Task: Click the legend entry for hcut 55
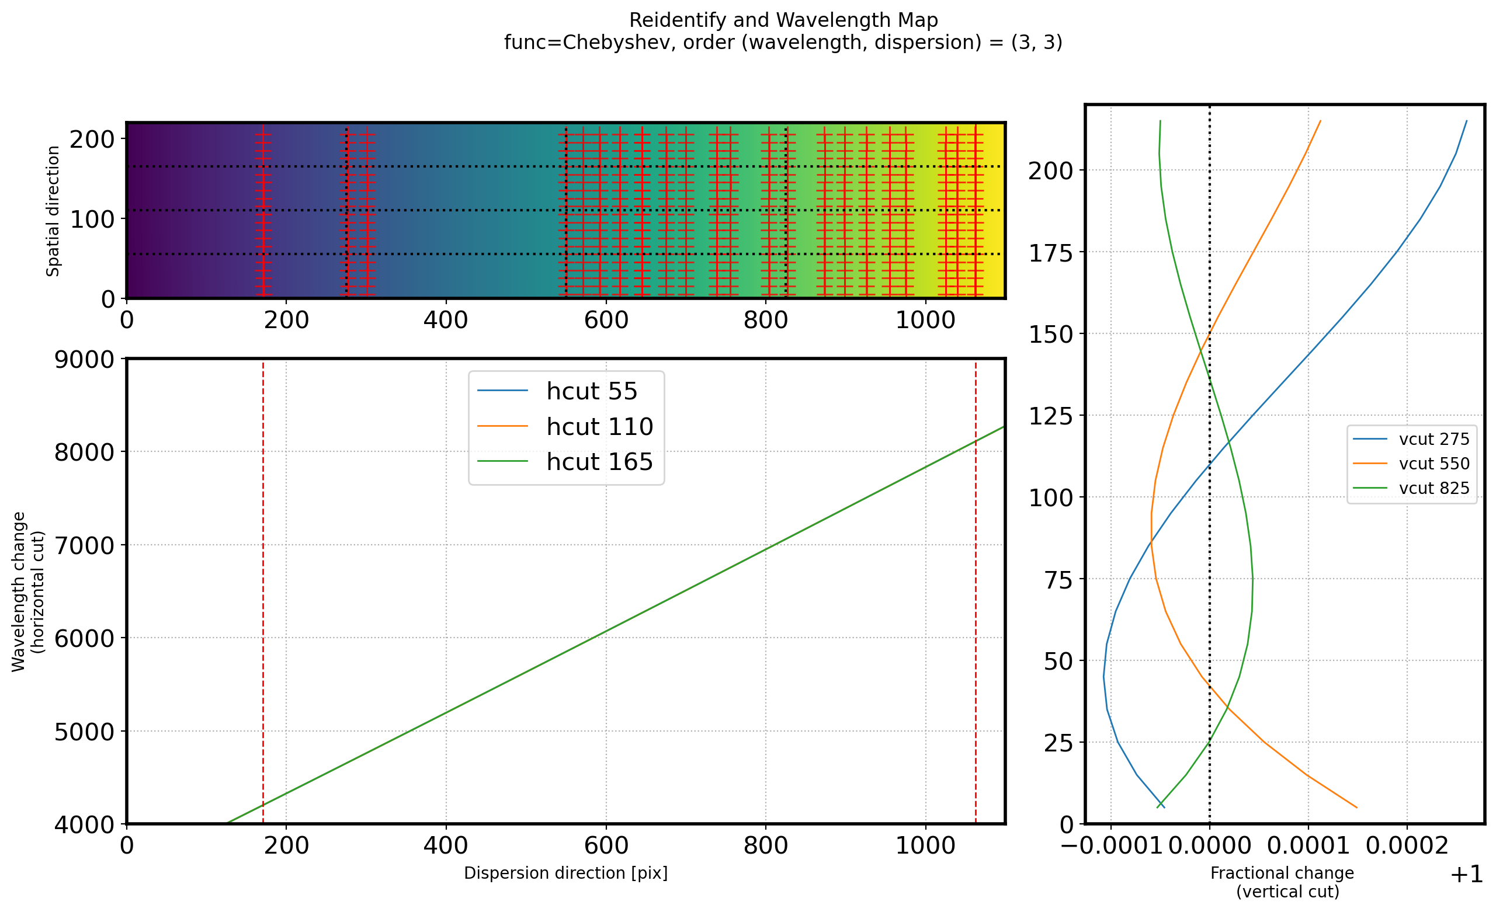pos(591,391)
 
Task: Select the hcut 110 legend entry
pos(599,427)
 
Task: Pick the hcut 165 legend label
pos(599,462)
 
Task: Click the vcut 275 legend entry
pos(1433,439)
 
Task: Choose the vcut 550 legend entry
pos(1433,464)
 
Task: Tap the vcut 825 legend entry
pos(1433,489)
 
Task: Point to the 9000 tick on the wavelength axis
pos(84,360)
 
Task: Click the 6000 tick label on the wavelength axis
pos(84,639)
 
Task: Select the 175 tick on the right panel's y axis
pos(1050,253)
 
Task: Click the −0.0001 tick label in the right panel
pos(1111,845)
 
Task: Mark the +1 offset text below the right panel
pos(1466,875)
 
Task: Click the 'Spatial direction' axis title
pos(53,211)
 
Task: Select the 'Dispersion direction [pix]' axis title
pos(565,873)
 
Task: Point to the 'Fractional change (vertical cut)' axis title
pos(1282,882)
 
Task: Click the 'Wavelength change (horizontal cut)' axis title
pos(28,591)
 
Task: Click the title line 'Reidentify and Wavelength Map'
pos(783,20)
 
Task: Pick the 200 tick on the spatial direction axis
pos(92,140)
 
